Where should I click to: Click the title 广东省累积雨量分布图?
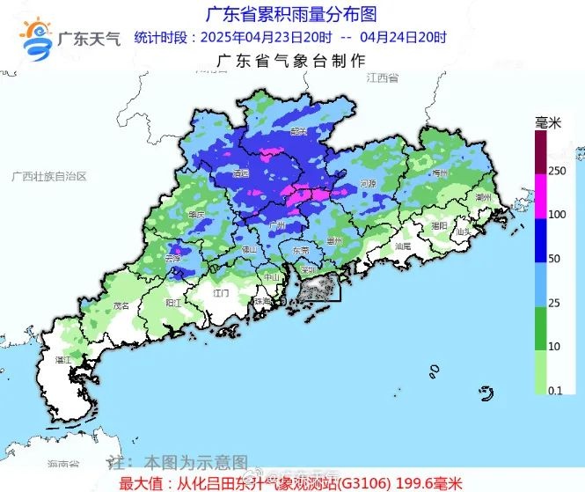(289, 14)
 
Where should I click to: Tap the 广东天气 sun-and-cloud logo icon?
(36, 38)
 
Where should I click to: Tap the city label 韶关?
(298, 131)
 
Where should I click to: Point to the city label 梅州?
(441, 174)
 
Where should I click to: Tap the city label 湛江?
(63, 360)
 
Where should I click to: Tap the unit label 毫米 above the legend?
(547, 123)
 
